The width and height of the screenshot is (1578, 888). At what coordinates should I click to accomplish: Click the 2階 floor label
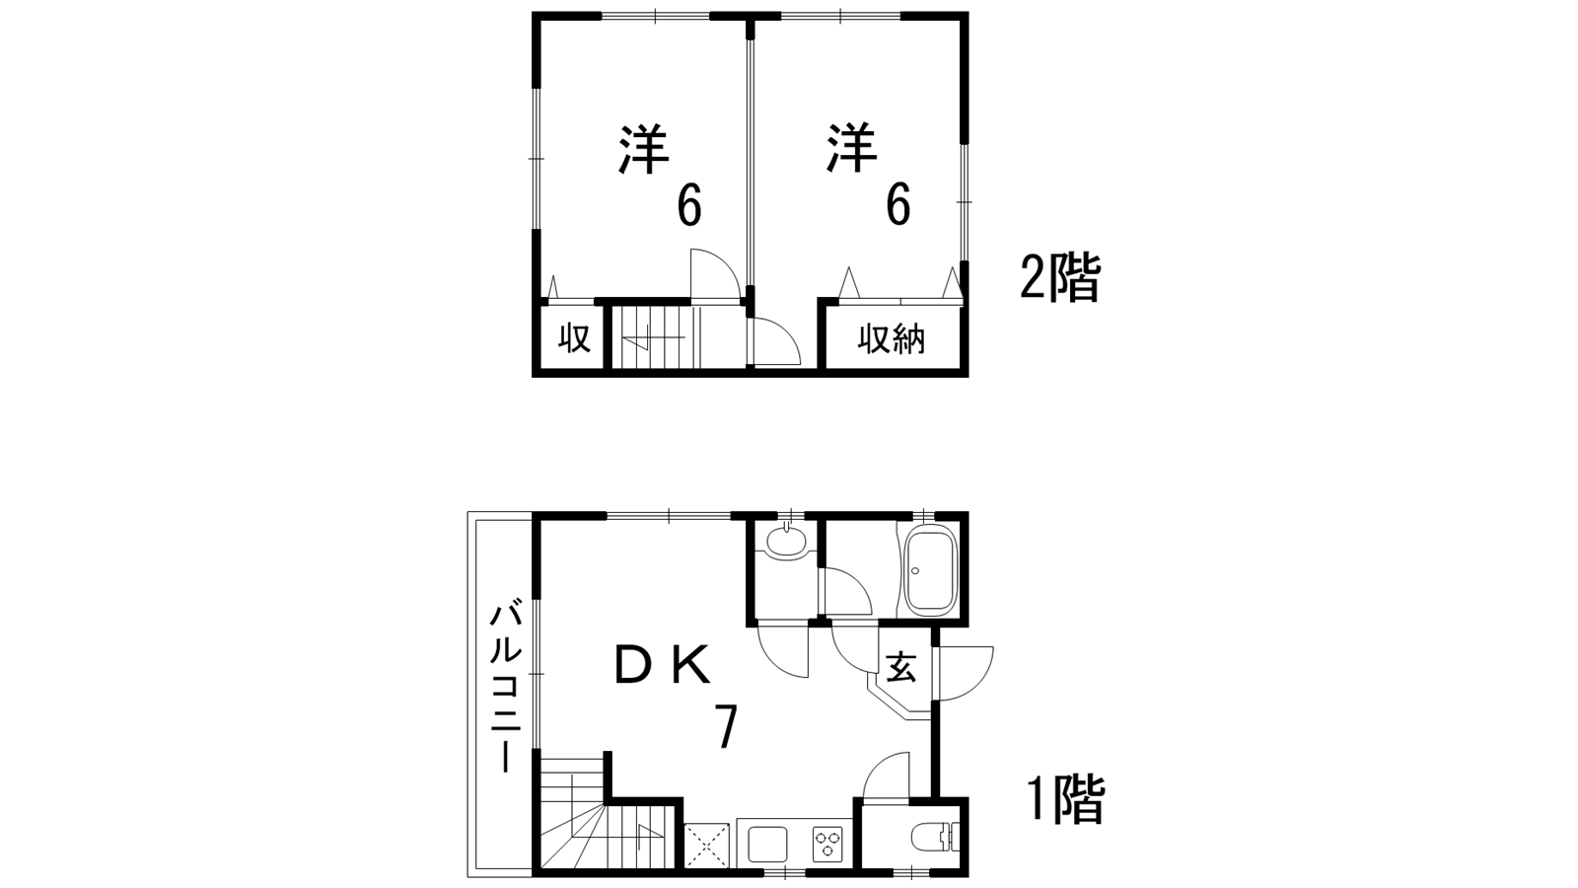point(1059,278)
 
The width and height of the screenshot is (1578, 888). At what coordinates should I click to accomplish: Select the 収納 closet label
point(892,339)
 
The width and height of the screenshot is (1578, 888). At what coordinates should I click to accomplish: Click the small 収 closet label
point(574,338)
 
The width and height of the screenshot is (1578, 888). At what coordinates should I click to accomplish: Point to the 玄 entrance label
point(900,668)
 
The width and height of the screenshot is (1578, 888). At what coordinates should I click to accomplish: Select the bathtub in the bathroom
point(930,571)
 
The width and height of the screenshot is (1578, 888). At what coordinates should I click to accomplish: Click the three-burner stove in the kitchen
point(828,845)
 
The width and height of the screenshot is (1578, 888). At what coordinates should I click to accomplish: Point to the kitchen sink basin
point(767,845)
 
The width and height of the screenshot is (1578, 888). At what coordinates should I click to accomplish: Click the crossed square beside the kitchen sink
point(705,846)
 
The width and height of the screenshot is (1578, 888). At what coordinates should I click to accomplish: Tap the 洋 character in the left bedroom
point(644,151)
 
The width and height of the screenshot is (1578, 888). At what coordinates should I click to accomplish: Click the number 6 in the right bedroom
point(897,205)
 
